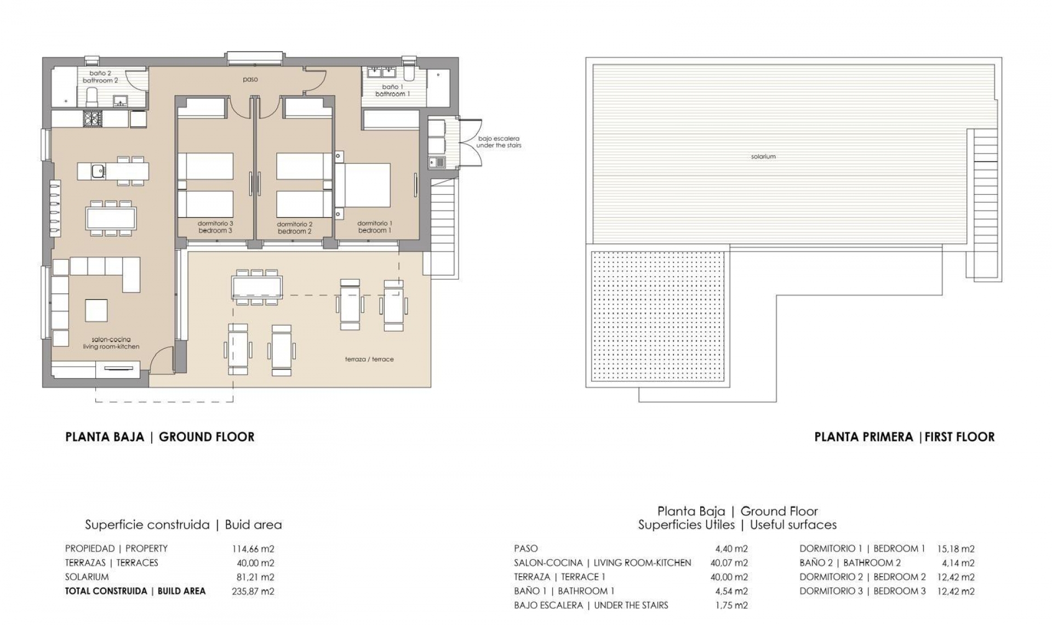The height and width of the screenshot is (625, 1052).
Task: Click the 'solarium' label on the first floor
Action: [x=763, y=157]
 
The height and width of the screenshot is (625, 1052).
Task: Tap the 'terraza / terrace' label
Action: [x=369, y=360]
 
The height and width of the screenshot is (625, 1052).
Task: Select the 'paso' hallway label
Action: [x=250, y=79]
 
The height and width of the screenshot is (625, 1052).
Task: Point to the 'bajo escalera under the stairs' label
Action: [x=498, y=142]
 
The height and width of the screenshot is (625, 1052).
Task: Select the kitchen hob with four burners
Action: [x=92, y=119]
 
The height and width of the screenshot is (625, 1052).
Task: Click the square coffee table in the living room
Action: [x=96, y=310]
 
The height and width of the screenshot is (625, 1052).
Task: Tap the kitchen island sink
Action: [x=98, y=171]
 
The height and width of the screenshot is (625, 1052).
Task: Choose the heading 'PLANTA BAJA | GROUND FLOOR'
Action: [x=159, y=437]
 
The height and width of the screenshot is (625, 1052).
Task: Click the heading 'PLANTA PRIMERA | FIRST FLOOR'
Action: [x=904, y=437]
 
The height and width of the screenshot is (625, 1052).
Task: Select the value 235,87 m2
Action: [x=253, y=592]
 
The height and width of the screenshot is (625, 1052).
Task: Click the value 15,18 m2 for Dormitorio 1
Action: [x=956, y=549]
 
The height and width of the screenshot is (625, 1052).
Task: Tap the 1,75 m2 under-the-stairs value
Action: [x=731, y=606]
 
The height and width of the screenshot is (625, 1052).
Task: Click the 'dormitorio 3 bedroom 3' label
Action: [x=215, y=227]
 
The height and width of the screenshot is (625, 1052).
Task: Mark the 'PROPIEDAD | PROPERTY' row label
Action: [x=116, y=549]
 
